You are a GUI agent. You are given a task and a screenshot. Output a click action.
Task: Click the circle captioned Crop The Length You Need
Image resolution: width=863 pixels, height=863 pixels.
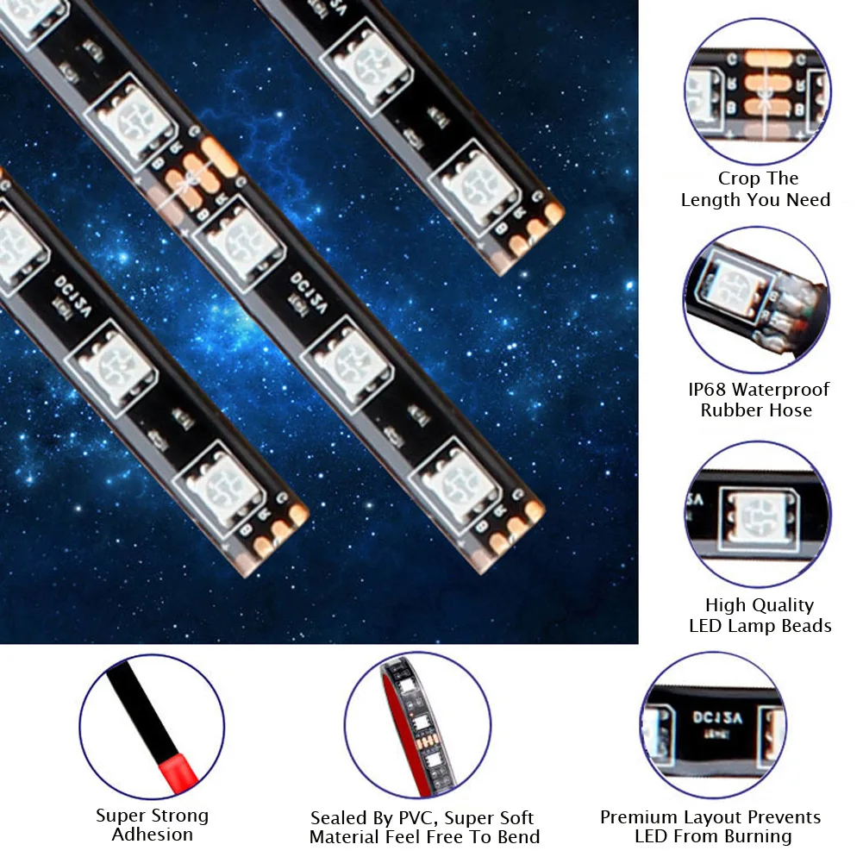pos(756,92)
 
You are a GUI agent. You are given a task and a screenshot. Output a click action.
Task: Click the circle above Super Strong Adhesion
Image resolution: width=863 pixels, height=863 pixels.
pos(152,727)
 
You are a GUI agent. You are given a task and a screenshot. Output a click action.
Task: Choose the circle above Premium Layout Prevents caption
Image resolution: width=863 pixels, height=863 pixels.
pos(712,726)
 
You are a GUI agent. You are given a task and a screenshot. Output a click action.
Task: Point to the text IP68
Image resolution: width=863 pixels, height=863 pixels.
pos(708,390)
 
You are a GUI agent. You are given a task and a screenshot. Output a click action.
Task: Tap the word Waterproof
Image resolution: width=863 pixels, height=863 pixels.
pos(781,390)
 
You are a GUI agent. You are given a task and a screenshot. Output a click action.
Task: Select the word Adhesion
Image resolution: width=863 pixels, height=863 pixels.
pos(153,835)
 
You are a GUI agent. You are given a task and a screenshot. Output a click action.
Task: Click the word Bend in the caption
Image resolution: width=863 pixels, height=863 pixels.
pos(518,837)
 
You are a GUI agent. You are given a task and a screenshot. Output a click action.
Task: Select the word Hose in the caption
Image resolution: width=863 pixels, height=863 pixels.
pos(792,410)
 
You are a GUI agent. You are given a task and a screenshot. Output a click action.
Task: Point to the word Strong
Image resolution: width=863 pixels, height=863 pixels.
pos(179,816)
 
